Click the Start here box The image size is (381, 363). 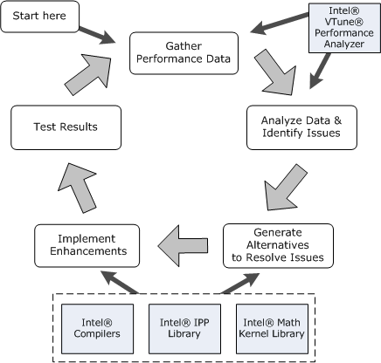coord(40,17)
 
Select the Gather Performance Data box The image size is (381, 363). coord(184,53)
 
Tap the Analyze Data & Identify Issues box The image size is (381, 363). coord(301,127)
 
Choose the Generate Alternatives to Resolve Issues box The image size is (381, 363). coord(278,246)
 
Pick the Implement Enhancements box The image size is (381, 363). coord(87,246)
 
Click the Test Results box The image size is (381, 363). coord(66,127)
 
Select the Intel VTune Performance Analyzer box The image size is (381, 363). coord(344,28)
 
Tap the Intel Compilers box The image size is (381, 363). coord(97,329)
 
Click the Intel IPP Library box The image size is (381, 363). coord(184,329)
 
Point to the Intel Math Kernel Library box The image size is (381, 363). coord(272,329)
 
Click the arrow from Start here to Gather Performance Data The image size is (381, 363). coord(97,35)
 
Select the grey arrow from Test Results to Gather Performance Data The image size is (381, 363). coord(87,74)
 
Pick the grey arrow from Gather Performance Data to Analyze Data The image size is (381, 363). coord(275,72)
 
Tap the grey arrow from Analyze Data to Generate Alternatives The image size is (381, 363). coord(286,188)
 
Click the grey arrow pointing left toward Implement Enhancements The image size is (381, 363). coord(184,246)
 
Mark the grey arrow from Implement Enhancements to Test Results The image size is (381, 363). coord(77,188)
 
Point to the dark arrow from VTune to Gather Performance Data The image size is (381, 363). coord(280,24)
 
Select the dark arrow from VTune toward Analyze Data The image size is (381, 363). coord(320,71)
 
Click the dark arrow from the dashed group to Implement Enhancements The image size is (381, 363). coord(120,282)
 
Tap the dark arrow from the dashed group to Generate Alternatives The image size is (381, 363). coord(239,283)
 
